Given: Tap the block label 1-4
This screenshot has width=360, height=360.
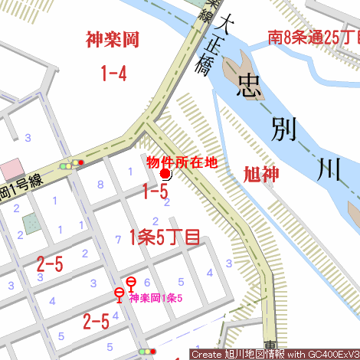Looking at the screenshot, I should point(113,74).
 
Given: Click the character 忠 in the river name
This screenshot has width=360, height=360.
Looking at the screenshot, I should point(252,87).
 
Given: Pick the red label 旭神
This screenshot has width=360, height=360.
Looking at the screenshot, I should point(261,174).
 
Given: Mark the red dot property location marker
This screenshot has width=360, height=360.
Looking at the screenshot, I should point(165,175).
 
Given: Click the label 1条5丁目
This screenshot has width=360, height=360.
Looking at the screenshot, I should point(165,237).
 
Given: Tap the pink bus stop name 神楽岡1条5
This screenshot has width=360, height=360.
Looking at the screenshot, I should point(155,297).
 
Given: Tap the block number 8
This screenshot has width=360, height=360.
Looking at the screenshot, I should point(100,184).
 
